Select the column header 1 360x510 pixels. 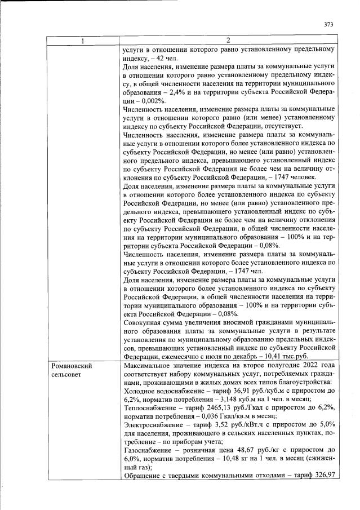coord(83,41)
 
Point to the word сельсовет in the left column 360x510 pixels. coord(66,375)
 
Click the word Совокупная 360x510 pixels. coord(145,323)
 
